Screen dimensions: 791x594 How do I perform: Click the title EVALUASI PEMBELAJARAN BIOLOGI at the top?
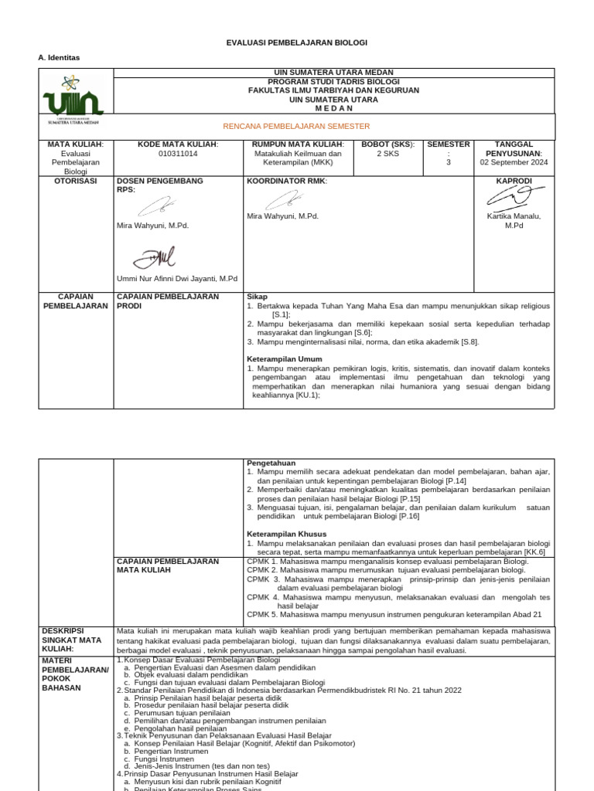(296, 42)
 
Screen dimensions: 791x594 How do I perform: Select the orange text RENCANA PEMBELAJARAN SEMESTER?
(296, 126)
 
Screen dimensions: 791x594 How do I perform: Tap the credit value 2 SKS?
(388, 154)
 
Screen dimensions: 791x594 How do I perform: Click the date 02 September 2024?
(514, 162)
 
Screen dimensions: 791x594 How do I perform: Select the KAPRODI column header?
(514, 181)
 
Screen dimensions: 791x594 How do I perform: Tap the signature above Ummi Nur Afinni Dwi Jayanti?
(154, 257)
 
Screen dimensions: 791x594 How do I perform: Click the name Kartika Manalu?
(514, 216)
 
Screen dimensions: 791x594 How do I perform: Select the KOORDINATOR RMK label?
(287, 181)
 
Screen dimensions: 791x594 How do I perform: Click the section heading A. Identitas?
(59, 58)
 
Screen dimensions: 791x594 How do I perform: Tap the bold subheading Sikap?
(257, 297)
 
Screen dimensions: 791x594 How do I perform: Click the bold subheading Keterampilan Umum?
(284, 359)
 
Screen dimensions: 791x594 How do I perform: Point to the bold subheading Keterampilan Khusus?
(286, 534)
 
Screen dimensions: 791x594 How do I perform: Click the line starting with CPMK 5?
(394, 614)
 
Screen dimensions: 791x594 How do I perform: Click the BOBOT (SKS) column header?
(388, 144)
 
